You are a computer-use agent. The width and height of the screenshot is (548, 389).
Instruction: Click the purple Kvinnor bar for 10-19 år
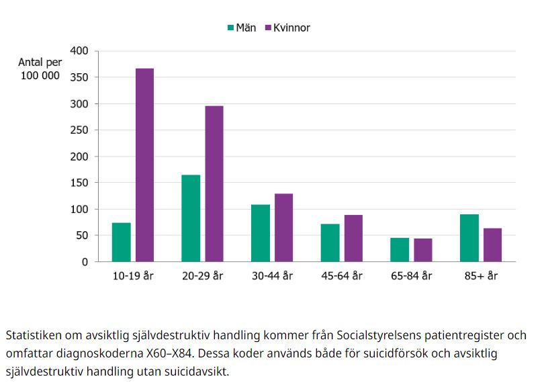coord(144,165)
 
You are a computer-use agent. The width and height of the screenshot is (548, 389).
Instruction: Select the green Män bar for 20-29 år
coord(191,218)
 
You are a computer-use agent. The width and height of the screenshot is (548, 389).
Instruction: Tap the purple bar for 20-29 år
coord(214,184)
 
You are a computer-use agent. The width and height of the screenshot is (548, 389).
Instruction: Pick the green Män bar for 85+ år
coord(469,238)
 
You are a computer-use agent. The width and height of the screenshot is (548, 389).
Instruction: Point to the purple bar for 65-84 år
coord(423,250)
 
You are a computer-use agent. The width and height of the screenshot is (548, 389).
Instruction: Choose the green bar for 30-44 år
coord(261,233)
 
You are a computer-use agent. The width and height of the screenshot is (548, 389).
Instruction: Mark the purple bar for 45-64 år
coord(353,239)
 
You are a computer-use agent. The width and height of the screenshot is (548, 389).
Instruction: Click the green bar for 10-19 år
coord(122,242)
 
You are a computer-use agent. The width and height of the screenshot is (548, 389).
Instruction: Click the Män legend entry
coord(241,28)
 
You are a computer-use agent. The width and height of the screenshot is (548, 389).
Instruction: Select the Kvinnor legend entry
coord(287,28)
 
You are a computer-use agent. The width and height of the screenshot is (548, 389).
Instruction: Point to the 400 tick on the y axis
coord(79,51)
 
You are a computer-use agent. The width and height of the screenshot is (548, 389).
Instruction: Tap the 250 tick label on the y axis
coord(79,130)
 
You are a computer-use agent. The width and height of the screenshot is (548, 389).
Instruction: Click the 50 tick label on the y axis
coord(82,236)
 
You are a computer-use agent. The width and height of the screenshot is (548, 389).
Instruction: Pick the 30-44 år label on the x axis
coord(272,276)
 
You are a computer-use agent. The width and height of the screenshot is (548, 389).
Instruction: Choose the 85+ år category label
coord(481,276)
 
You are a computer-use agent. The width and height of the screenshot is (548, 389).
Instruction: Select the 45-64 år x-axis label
coord(342,276)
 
